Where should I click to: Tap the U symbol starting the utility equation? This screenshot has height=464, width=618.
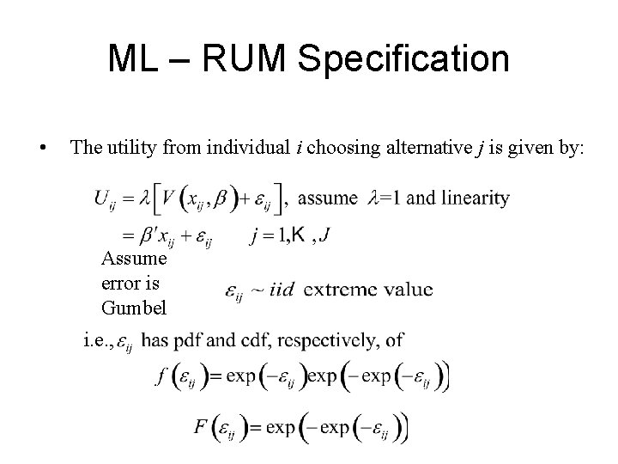click(x=104, y=199)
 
